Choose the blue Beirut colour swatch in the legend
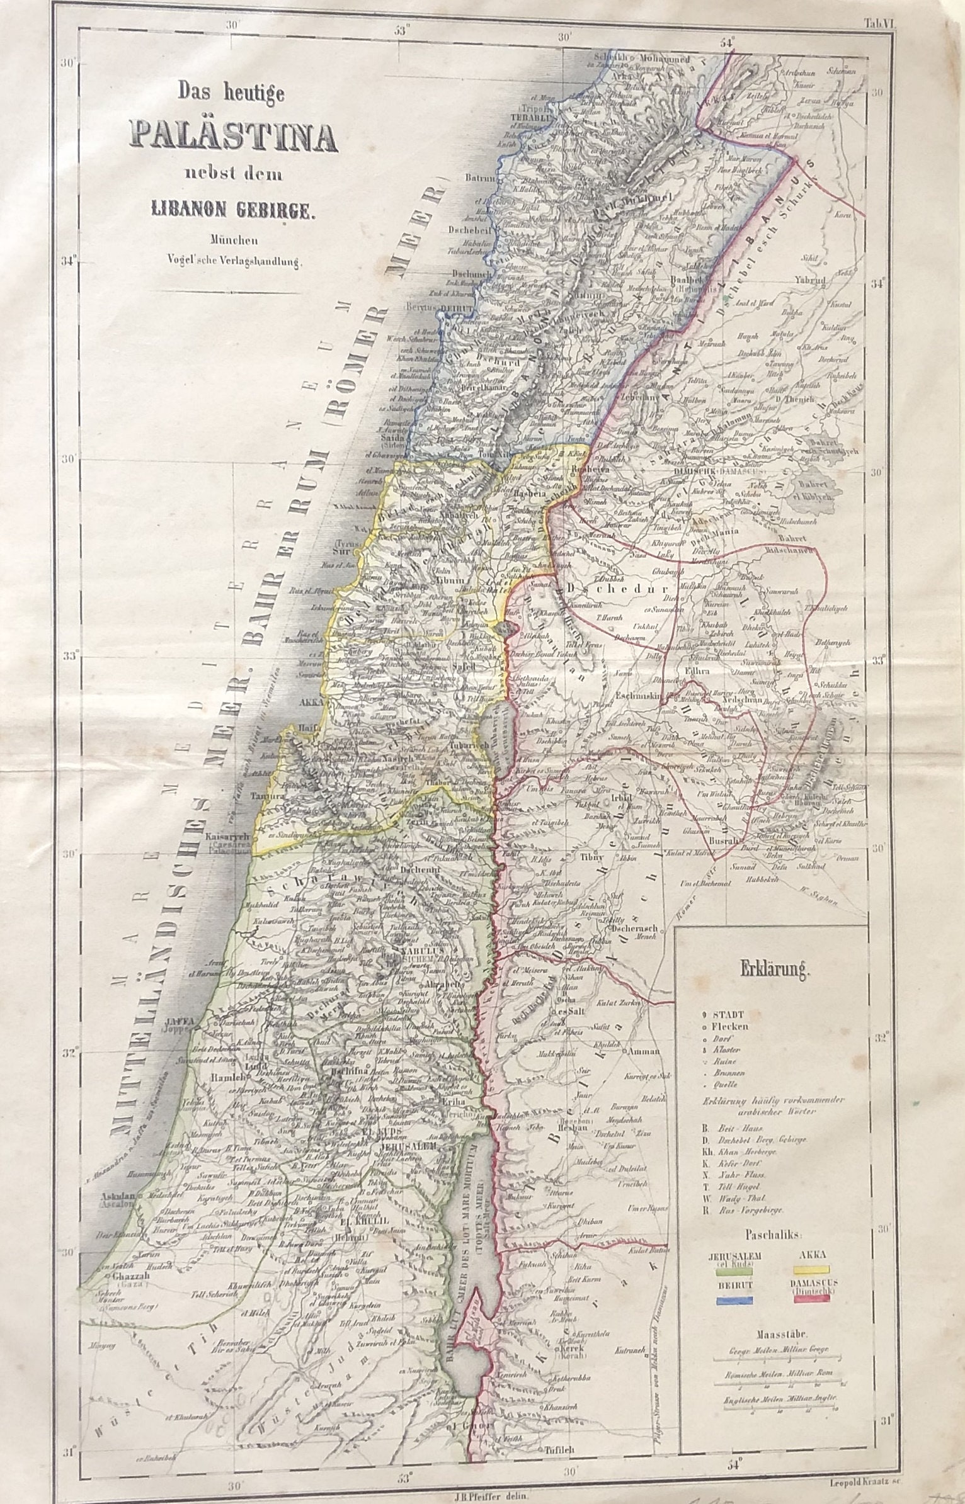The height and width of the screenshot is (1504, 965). pos(734,1298)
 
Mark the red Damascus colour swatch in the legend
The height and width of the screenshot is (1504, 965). pos(812,1298)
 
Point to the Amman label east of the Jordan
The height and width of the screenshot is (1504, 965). pos(642,1051)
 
